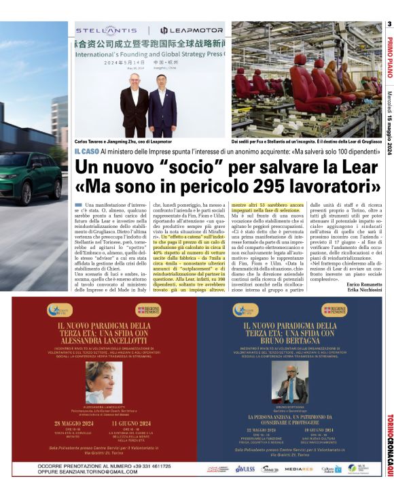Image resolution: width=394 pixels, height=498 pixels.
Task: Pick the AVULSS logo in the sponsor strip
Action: [x=245, y=469]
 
